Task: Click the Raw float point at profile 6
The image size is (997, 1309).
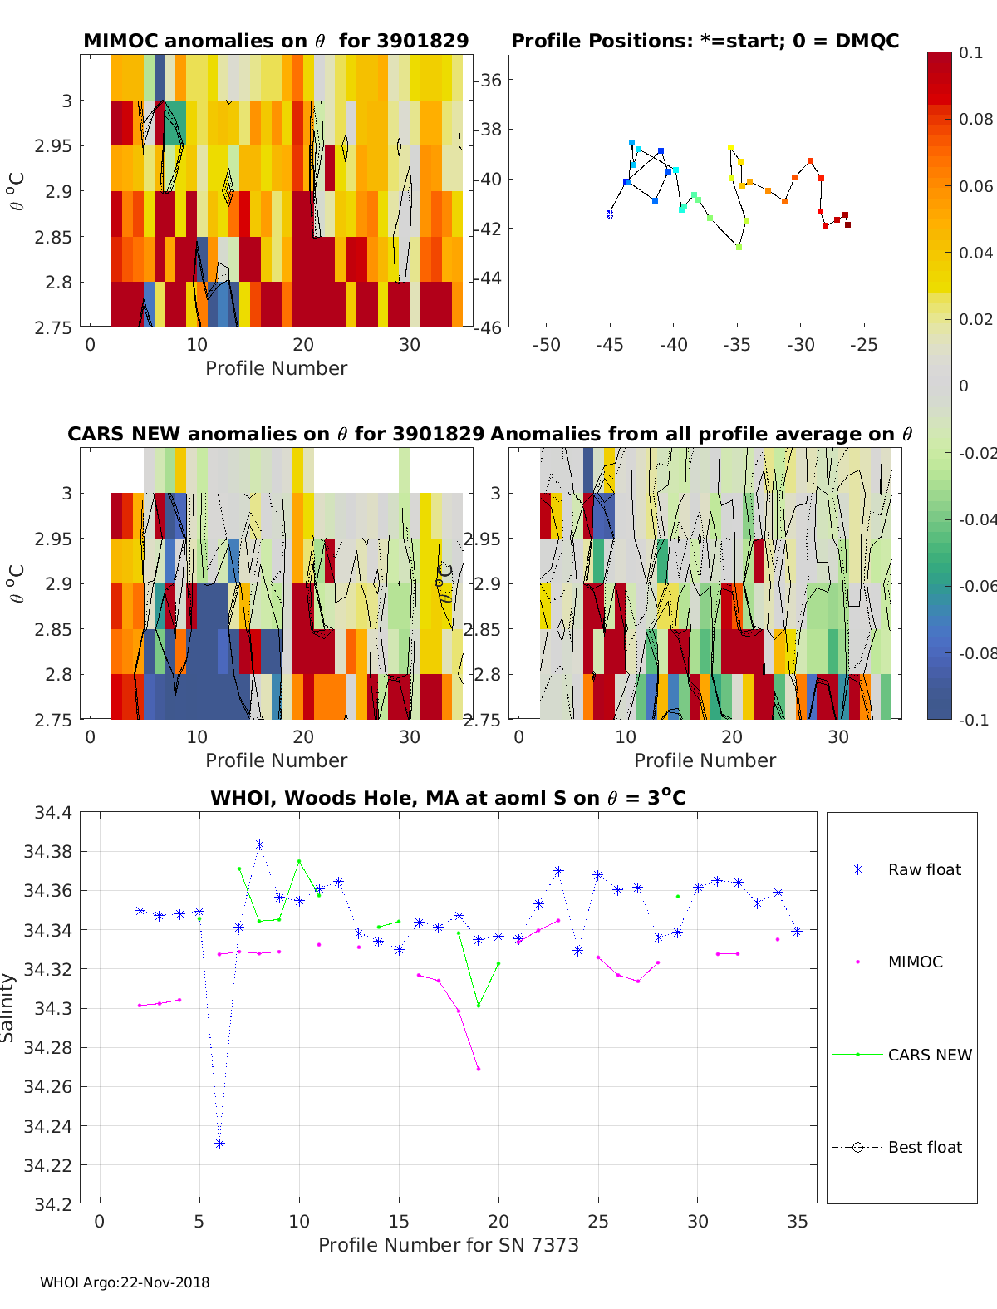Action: pos(219,1144)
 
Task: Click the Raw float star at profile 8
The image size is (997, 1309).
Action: pos(259,844)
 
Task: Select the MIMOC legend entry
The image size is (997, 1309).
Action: pos(915,962)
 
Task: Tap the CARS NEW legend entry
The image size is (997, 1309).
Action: pos(929,1055)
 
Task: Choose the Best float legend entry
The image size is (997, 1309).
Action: pos(924,1147)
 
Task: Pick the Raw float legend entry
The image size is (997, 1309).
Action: pos(924,869)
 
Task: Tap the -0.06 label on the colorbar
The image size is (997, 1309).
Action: pos(975,586)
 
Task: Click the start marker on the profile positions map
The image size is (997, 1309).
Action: pos(609,214)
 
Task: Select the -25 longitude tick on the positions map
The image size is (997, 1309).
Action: pos(864,345)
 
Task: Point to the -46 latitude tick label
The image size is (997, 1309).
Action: pos(489,327)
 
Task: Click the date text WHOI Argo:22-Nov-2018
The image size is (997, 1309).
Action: pos(125,1282)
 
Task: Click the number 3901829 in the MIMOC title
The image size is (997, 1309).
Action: pos(423,41)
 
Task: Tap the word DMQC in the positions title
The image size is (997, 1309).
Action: pos(867,41)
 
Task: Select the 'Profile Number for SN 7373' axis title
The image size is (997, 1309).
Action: pos(448,1245)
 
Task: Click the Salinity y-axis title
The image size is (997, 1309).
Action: pos(7,1007)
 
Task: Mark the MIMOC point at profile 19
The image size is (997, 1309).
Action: pos(479,1069)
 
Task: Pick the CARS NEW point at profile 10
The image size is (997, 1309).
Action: pos(299,861)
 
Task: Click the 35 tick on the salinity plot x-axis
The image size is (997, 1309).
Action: pos(798,1221)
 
